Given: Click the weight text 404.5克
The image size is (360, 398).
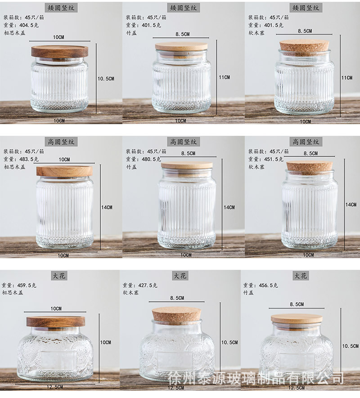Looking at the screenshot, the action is [29, 25].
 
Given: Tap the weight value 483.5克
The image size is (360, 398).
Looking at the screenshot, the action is [29, 159].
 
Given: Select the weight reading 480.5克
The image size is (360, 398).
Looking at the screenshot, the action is [151, 159].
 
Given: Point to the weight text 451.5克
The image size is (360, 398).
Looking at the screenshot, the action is [274, 159].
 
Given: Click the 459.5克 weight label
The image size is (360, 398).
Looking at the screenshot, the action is [27, 285].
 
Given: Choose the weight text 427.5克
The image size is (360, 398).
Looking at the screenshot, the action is [148, 285].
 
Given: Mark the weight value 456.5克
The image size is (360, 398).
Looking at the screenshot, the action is [269, 285].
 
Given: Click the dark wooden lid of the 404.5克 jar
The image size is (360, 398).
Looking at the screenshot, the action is [60, 52].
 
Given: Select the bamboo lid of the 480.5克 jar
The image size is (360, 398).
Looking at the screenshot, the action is [187, 165].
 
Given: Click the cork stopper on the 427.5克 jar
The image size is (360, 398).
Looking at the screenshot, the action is [176, 314].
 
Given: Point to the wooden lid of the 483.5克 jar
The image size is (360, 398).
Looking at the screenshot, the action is [64, 171].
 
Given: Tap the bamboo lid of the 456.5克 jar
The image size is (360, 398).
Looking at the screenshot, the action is [297, 318].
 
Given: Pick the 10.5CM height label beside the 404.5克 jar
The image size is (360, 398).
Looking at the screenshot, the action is [106, 79].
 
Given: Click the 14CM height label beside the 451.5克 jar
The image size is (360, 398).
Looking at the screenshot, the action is [351, 205].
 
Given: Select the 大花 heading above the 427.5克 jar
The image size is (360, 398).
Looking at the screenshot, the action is [180, 276].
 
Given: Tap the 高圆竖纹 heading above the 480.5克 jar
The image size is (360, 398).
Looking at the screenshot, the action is [184, 142].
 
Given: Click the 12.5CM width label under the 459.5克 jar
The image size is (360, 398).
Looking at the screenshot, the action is [55, 387].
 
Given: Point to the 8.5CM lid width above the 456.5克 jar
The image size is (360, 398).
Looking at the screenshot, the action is [297, 304].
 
